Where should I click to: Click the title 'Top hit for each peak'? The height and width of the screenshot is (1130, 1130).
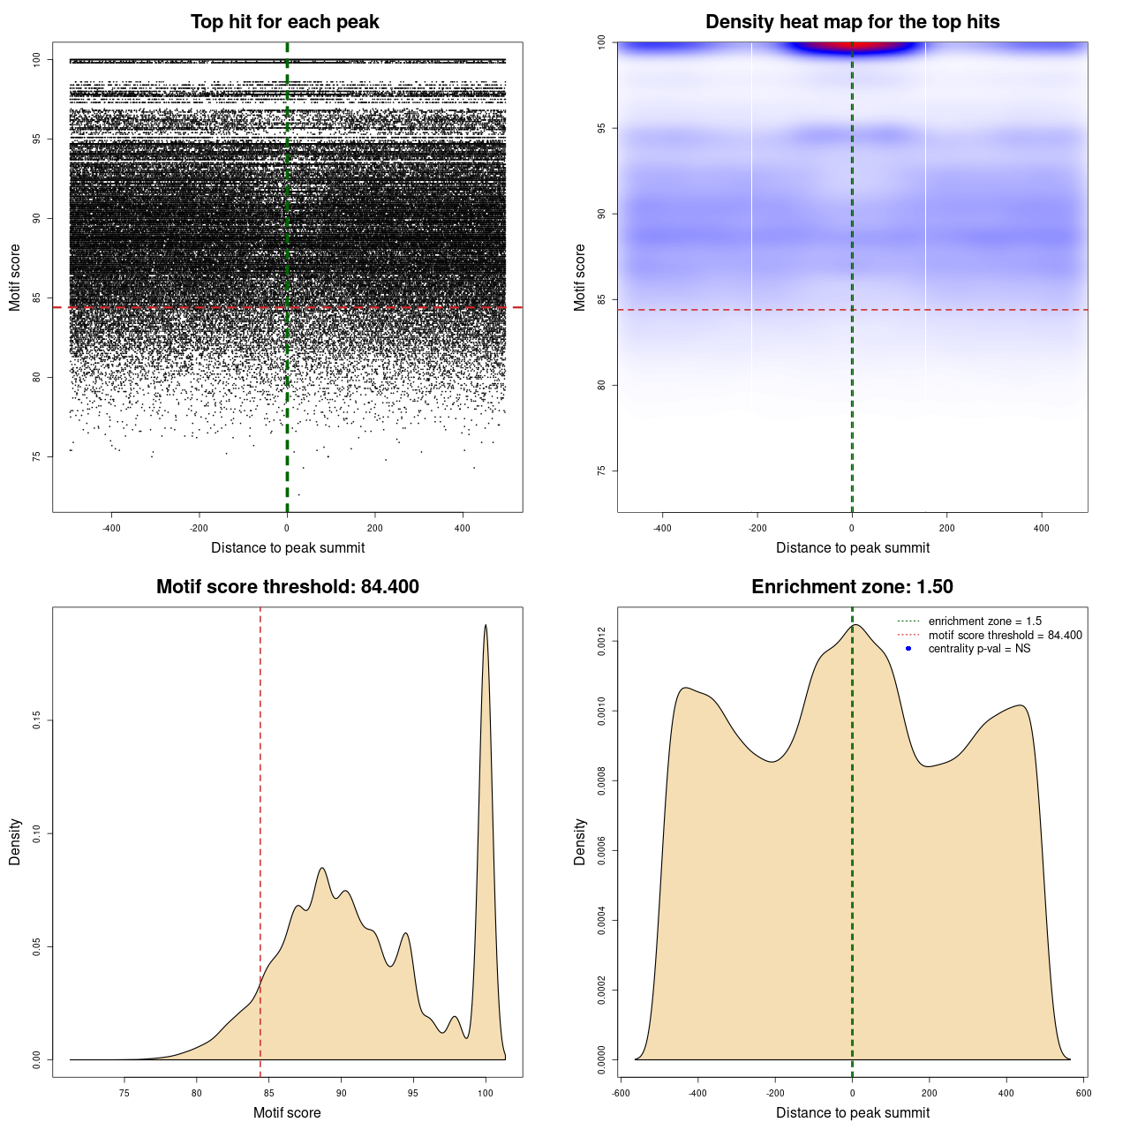[x=285, y=22]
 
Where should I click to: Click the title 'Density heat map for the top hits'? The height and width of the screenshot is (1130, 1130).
[x=852, y=22]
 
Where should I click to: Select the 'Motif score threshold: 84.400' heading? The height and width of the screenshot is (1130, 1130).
[x=287, y=587]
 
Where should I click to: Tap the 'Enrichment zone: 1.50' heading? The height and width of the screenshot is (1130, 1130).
[x=852, y=587]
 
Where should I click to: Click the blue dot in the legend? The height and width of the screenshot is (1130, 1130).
[x=908, y=649]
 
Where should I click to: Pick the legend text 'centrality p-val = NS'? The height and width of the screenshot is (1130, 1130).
[x=979, y=649]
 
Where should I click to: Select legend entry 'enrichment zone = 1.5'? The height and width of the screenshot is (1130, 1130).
[x=984, y=621]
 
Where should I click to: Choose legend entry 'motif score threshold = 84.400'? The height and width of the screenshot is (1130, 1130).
[x=1005, y=636]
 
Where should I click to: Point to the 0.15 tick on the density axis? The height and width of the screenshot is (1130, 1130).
[x=37, y=720]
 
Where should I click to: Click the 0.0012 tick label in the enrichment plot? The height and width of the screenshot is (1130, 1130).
[x=602, y=641]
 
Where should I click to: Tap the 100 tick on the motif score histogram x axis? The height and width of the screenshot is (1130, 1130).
[x=486, y=1093]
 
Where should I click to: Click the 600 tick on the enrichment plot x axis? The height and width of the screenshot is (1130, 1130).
[x=1083, y=1093]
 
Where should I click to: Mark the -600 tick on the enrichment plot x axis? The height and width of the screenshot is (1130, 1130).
[x=621, y=1093]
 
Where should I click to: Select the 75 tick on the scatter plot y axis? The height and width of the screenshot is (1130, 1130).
[x=37, y=456]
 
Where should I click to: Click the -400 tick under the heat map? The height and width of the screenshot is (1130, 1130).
[x=662, y=528]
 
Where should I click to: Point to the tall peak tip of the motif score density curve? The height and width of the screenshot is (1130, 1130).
[x=486, y=626]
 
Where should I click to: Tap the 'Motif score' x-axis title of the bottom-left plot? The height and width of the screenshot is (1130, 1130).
[x=287, y=1112]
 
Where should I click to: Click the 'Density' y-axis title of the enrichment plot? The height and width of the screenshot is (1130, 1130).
[x=580, y=841]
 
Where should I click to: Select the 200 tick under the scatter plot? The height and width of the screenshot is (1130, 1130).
[x=375, y=528]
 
